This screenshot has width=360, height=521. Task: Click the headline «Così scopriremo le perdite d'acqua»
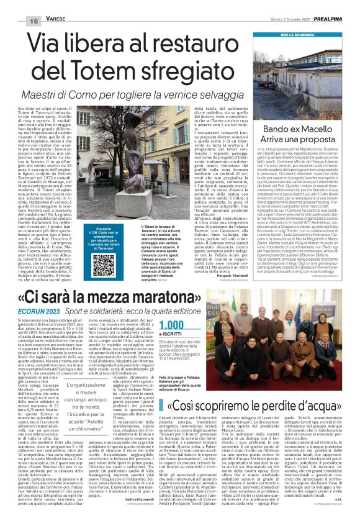coord(253,405)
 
